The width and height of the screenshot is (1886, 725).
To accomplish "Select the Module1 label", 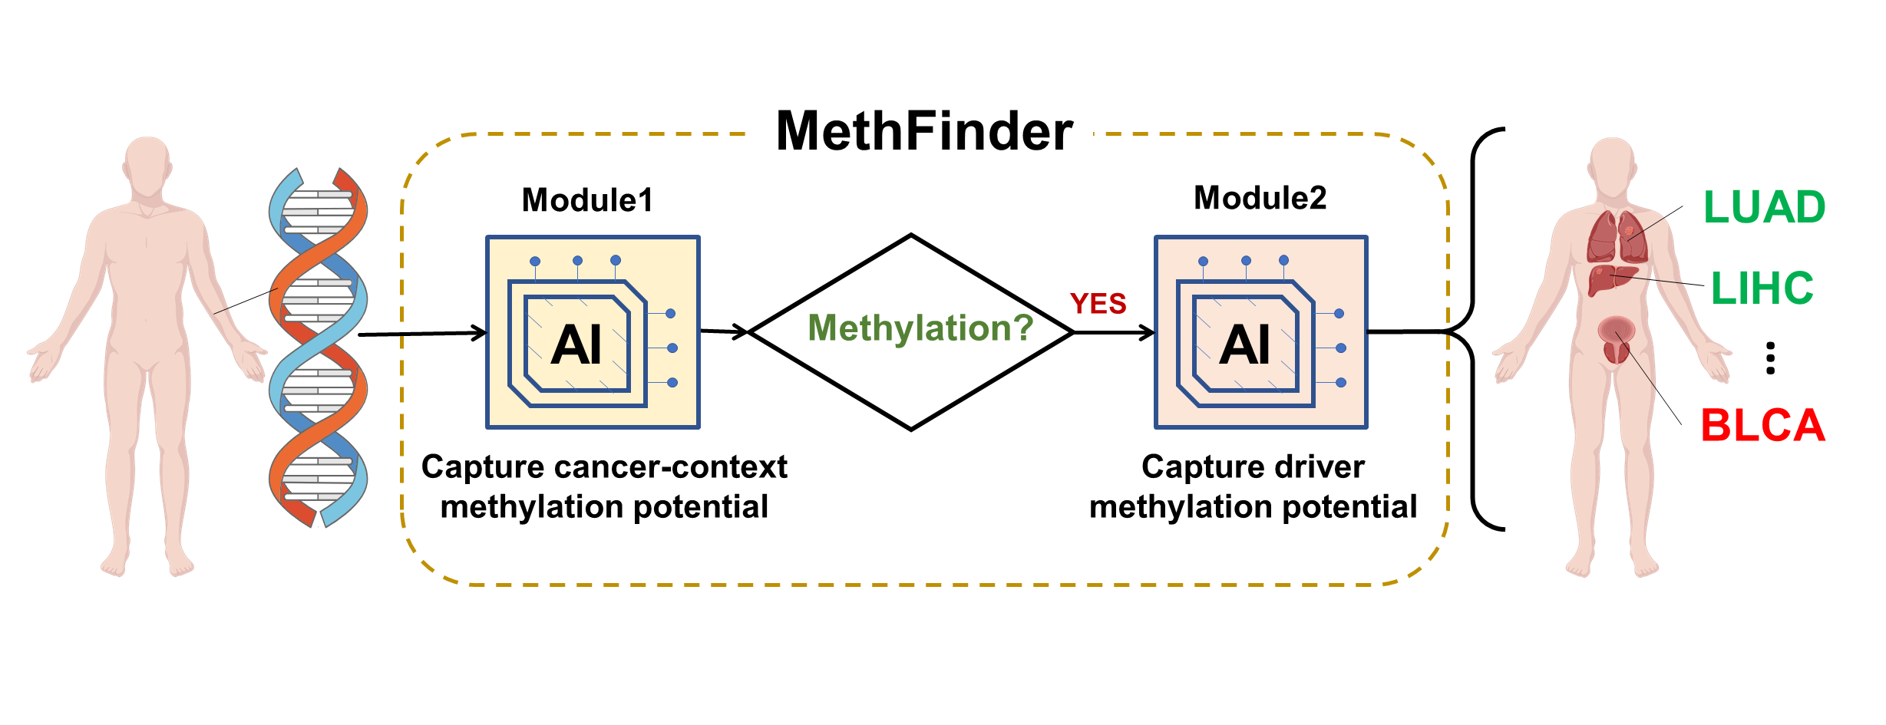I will tap(587, 200).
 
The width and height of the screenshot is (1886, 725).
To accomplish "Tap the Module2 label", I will tap(1260, 198).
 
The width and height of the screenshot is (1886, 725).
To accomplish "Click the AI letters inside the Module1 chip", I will tap(576, 344).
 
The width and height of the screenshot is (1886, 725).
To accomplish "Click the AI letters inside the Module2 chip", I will tap(1245, 344).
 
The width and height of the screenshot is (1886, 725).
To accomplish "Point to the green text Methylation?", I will tap(920, 328).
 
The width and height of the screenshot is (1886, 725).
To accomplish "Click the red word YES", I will tap(1098, 304).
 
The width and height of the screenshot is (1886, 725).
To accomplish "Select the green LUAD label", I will tap(1764, 207).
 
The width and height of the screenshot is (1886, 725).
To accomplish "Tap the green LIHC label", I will tap(1762, 288).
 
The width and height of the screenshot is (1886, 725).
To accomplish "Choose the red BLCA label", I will tap(1762, 426).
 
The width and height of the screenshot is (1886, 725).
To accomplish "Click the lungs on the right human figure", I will tap(1617, 237).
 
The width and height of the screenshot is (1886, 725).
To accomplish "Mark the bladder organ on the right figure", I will tap(1616, 338).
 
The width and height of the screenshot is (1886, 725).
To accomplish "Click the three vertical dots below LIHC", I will tap(1770, 358).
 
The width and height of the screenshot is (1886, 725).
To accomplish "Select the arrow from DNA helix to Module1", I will tap(422, 334).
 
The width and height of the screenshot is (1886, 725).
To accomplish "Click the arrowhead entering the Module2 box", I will tap(1147, 332).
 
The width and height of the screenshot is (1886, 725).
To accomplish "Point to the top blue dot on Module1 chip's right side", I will tap(670, 313).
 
